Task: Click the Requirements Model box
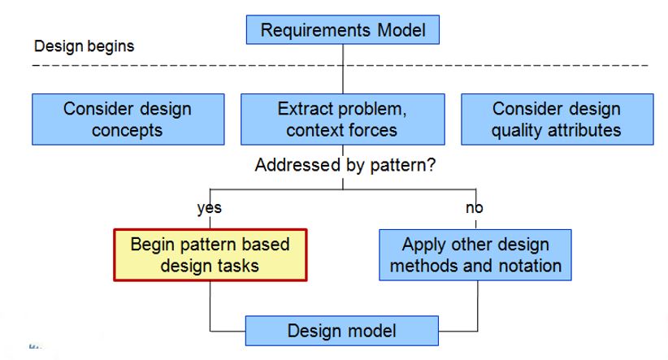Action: click(342, 30)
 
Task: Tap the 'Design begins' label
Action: click(84, 46)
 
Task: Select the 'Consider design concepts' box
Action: click(128, 119)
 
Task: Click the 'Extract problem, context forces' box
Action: click(342, 119)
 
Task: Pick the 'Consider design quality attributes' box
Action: click(557, 119)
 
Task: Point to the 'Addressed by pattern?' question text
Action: click(345, 165)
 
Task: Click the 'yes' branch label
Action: click(209, 208)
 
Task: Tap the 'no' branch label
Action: click(474, 207)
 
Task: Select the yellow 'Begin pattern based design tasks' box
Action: click(210, 255)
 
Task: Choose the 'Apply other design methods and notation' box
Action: click(475, 255)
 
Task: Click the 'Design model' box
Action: click(341, 331)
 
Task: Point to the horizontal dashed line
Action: click(340, 66)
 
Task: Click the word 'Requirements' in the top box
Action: click(315, 30)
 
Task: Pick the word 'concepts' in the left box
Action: click(127, 130)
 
